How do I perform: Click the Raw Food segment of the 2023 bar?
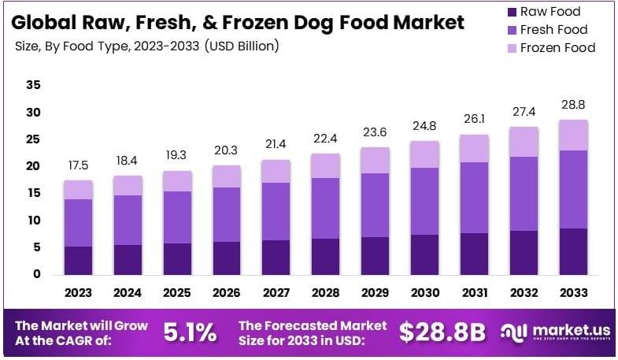pos(78,260)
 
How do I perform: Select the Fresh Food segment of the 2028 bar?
pos(326,208)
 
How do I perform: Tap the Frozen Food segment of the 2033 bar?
pos(573,135)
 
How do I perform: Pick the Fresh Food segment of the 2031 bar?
pos(474,197)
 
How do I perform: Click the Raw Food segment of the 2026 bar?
pos(227,258)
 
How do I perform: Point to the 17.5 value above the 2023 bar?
pos(78,167)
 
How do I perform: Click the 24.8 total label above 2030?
pos(424,127)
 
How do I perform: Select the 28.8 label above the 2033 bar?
pos(573,105)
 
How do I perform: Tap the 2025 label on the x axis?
pos(177,293)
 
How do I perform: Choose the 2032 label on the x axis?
pos(524,293)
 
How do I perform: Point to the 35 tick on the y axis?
pos(33,85)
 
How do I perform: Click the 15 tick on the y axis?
pos(33,193)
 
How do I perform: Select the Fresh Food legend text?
pos(554,30)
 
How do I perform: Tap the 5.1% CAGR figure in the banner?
pos(189,332)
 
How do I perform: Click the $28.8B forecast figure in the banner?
pos(441,332)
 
